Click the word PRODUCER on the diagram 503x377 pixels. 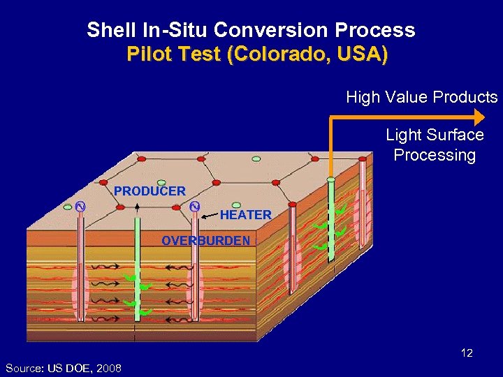150,191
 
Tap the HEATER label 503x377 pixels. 245,215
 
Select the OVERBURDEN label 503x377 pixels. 205,241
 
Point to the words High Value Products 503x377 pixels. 421,98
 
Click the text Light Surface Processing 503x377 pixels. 435,145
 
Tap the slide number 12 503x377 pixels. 467,353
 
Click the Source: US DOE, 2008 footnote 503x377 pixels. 63,368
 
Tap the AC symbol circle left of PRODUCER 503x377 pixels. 80,207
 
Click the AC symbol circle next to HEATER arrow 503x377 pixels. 195,206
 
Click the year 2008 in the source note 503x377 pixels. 110,368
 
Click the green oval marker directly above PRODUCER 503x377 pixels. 161,182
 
